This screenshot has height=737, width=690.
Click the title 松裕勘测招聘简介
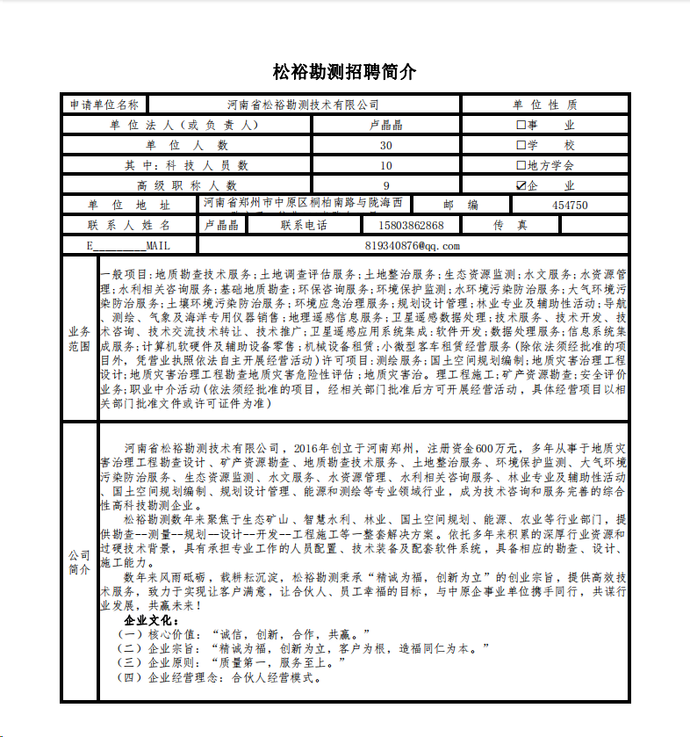coord(345,72)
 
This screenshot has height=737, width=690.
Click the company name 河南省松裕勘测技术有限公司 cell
coord(303,105)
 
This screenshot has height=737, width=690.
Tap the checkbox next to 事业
coord(521,125)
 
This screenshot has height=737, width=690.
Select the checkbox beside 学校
coord(521,145)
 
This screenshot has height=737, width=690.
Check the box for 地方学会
coord(521,165)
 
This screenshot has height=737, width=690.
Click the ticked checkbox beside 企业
coord(521,185)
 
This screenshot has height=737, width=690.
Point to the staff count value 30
coord(386,145)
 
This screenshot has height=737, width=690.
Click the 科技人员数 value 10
coord(386,165)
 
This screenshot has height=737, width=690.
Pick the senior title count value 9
coord(386,185)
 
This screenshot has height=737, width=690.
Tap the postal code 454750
coord(570,205)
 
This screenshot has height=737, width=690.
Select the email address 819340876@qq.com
coord(412,245)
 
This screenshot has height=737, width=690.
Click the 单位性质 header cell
coord(544,105)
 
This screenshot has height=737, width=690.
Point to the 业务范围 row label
coord(79,339)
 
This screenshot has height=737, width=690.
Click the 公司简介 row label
coord(79,562)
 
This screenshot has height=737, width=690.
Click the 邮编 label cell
coord(460,205)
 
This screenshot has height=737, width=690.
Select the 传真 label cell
coord(510,225)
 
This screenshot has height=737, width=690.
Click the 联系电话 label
coord(304,225)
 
